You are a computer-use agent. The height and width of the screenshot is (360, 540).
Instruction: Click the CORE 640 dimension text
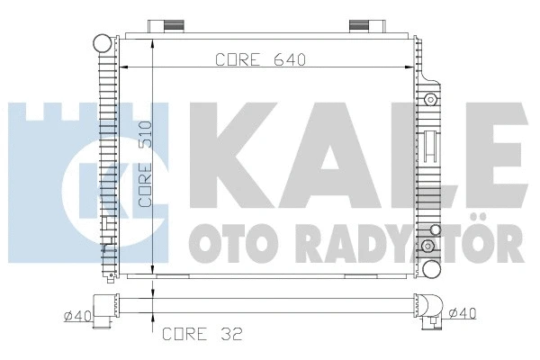(261, 60)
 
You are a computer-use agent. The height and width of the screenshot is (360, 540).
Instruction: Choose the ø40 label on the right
(463, 313)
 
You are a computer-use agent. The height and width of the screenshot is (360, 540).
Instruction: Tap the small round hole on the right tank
(431, 98)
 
